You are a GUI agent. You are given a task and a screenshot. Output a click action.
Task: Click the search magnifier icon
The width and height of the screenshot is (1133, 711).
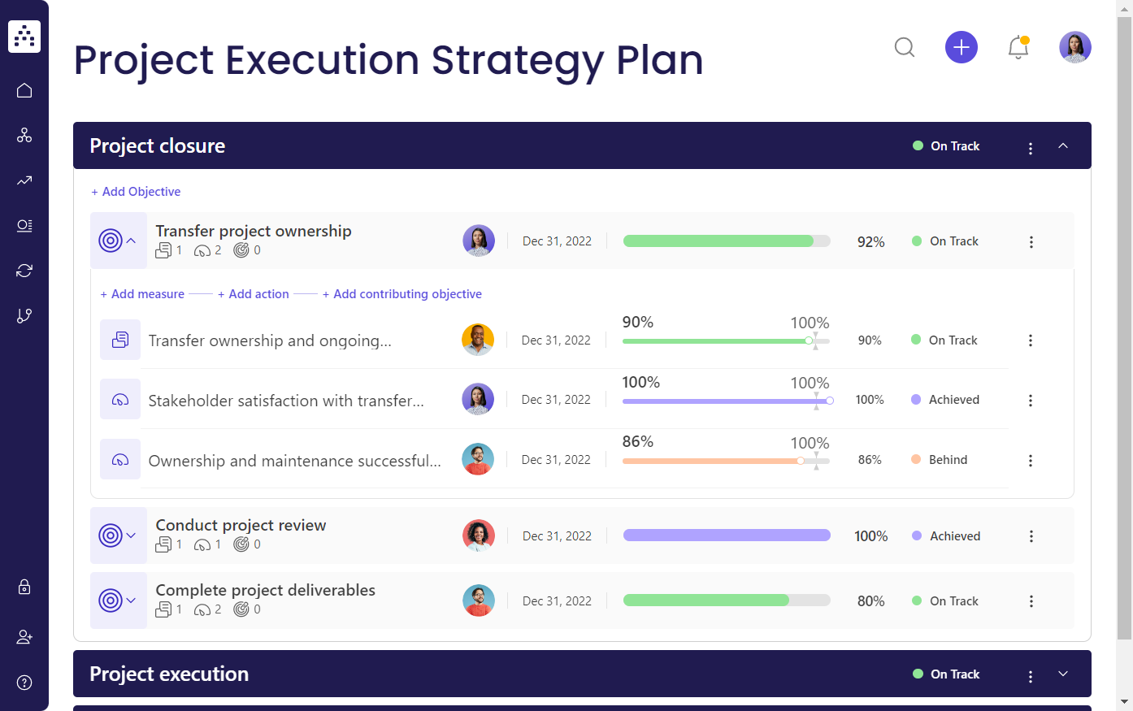(905, 47)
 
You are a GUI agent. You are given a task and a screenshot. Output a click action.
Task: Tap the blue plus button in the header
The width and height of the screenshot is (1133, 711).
(961, 47)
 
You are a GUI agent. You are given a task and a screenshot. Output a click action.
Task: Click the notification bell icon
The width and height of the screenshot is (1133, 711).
(1018, 47)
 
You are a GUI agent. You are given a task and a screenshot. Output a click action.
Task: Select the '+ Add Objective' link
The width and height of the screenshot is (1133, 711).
(136, 192)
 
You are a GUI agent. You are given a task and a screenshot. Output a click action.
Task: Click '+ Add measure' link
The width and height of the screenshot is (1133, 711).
(142, 294)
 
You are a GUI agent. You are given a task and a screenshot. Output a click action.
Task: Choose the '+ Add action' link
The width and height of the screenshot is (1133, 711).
(254, 294)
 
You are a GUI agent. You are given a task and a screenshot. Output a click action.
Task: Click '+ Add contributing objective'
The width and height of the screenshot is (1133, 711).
(402, 294)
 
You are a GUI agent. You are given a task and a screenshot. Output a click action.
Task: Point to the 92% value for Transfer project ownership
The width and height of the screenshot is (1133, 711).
(870, 242)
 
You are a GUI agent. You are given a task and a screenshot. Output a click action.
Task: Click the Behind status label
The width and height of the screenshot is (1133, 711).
(948, 460)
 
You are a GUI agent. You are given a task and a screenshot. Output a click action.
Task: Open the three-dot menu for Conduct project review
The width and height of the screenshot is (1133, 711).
(1031, 536)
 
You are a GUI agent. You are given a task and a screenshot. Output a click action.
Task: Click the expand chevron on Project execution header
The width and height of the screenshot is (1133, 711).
(1063, 674)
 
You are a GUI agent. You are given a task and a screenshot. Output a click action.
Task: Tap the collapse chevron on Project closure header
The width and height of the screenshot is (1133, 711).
(1063, 145)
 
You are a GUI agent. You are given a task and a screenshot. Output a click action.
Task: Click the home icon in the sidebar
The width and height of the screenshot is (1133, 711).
(24, 90)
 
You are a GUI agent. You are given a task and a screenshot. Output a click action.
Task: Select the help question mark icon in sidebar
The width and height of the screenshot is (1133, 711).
(24, 683)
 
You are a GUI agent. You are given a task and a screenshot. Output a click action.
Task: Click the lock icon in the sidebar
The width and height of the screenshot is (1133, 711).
(24, 587)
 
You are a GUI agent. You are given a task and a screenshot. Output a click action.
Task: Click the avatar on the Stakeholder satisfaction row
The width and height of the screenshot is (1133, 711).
(478, 400)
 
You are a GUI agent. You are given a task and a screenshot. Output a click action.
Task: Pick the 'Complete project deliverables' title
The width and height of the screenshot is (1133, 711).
(265, 591)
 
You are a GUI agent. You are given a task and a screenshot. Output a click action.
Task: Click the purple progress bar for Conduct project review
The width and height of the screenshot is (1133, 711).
(727, 535)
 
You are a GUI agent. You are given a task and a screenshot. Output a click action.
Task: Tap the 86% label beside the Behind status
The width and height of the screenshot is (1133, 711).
(870, 460)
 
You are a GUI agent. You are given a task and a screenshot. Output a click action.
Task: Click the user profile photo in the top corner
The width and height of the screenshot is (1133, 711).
(1074, 47)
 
